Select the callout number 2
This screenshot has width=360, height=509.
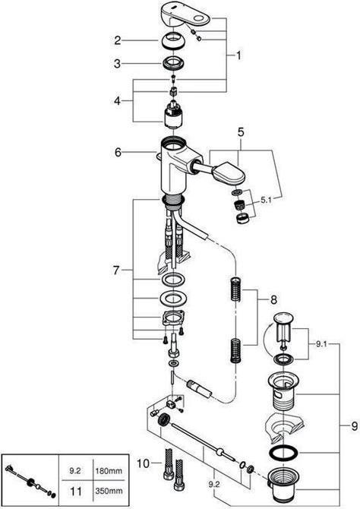point(118,40)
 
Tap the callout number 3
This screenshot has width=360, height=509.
point(118,64)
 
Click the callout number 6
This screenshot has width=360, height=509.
point(118,152)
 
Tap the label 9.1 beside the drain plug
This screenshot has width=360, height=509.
point(321,343)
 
